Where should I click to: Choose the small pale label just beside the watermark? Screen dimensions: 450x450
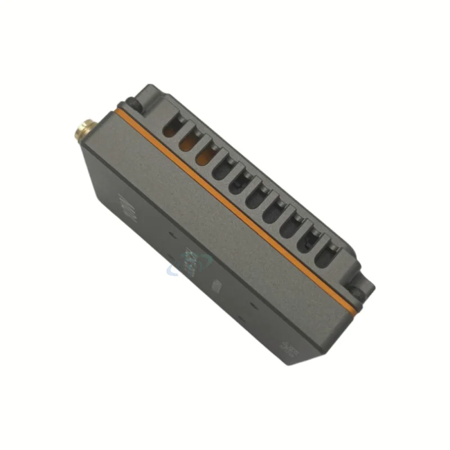tap(216, 286)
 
